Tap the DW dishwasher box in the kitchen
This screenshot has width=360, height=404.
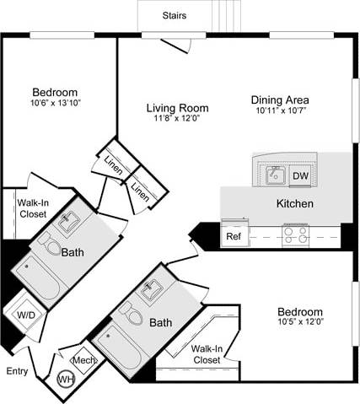point(300,176)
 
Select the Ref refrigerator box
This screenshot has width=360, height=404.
point(234,236)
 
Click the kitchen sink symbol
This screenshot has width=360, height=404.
point(274,175)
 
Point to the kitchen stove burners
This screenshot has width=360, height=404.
point(295,234)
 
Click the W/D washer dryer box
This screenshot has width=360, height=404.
point(26,315)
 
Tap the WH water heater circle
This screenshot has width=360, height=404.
point(65,380)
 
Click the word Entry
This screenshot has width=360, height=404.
point(16,371)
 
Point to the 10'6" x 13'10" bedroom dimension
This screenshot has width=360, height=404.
point(55,103)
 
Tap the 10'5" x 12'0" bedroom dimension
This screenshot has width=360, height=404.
point(299,322)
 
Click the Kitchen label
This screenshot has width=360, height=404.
point(295,204)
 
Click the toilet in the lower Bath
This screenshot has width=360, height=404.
point(129,313)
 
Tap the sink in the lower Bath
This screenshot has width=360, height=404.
point(153,289)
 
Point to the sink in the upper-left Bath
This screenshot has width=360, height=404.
point(70,222)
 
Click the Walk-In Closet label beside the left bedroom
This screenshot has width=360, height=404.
point(32,207)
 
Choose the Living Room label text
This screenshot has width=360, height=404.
point(177,108)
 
